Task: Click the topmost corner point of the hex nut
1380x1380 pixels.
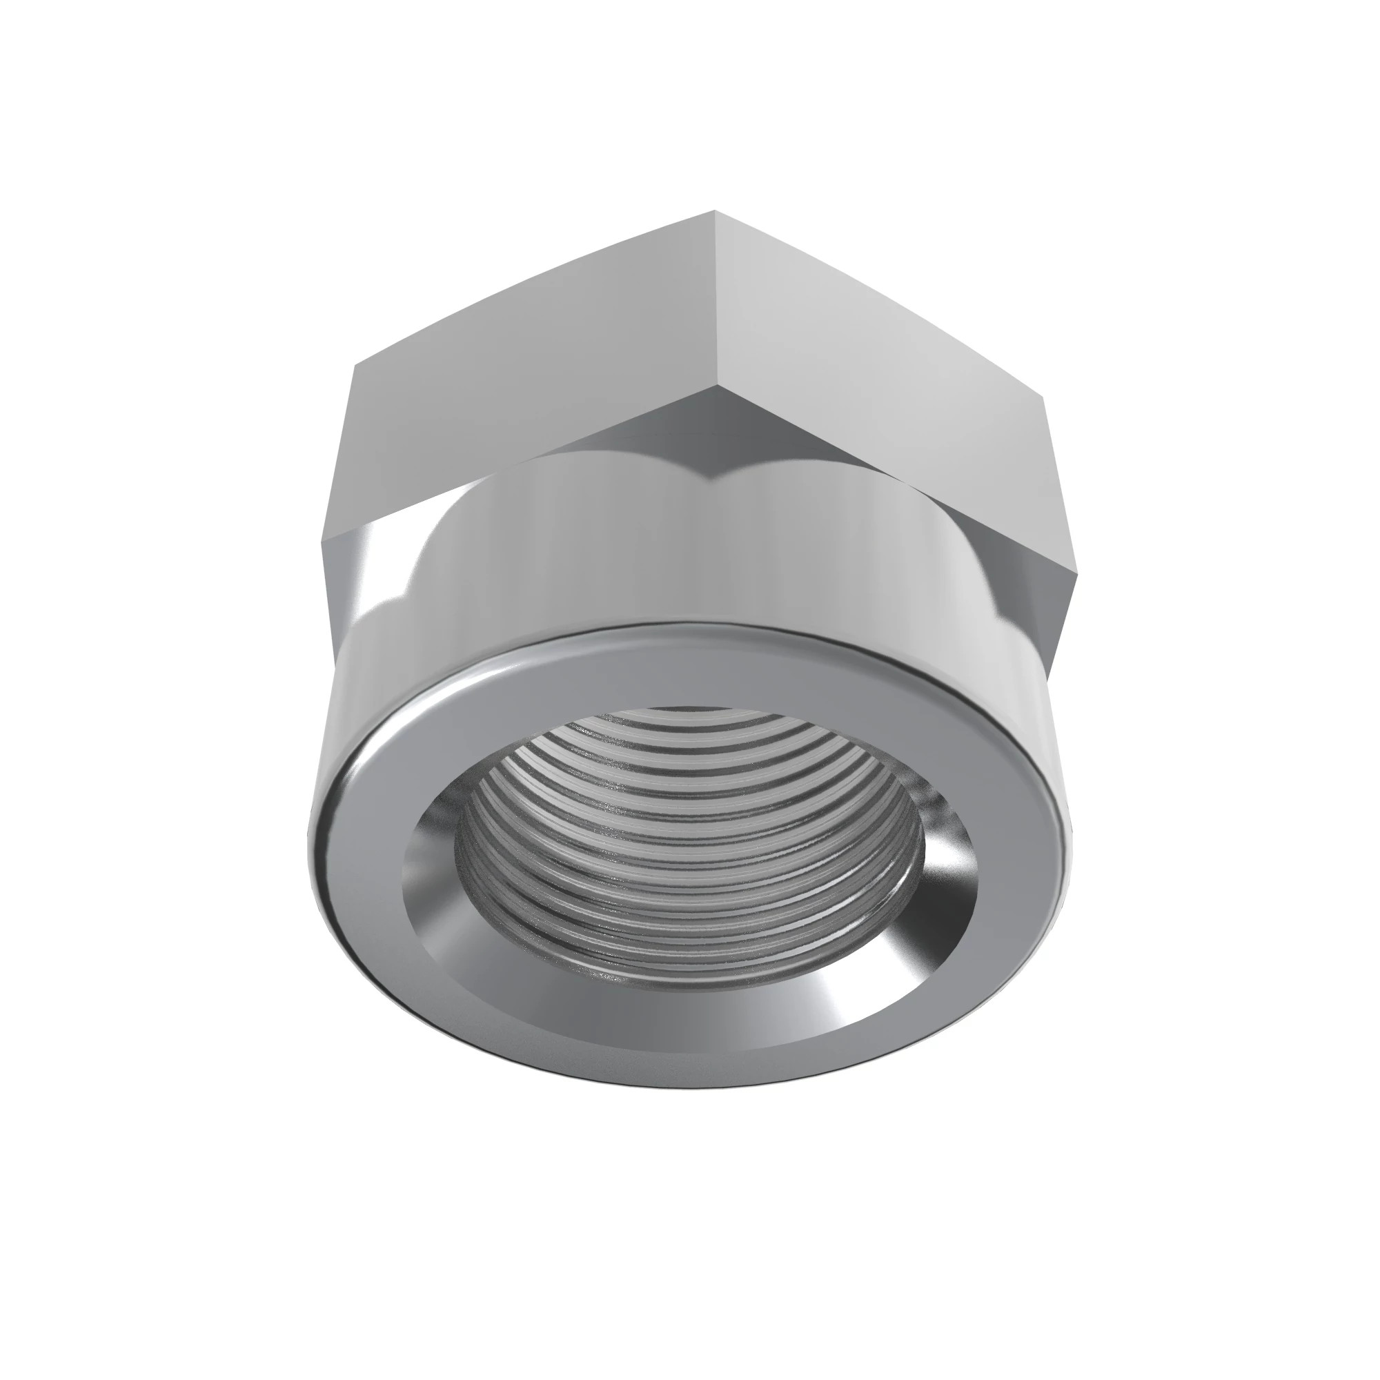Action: [x=714, y=210]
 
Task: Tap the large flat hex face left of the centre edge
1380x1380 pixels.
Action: [x=529, y=343]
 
